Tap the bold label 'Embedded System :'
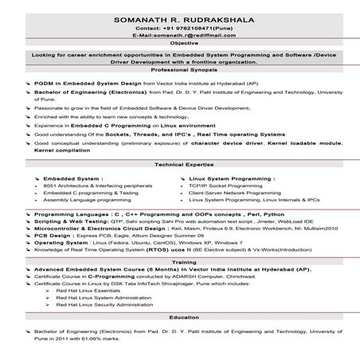(x=72, y=178)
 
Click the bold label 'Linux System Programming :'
(x=232, y=178)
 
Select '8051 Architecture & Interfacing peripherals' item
(x=98, y=186)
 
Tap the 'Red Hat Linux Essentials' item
(x=87, y=290)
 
